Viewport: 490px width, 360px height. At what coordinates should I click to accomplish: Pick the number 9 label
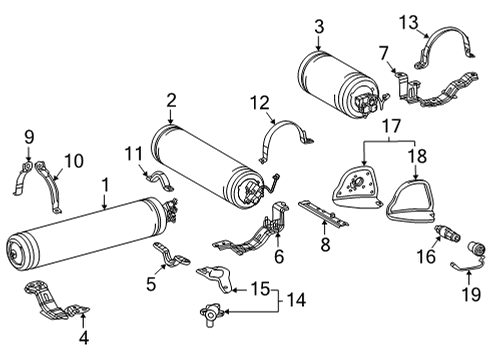tap(29, 134)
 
